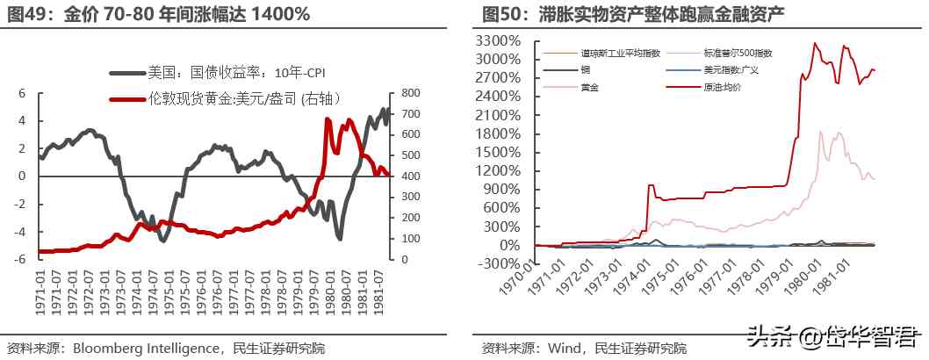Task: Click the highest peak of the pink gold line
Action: pyautogui.click(x=820, y=132)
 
